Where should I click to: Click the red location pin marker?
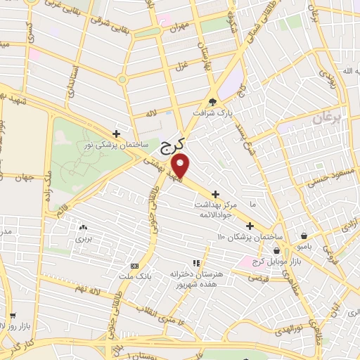pyautogui.click(x=181, y=166)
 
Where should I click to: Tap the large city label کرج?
pyautogui.click(x=171, y=146)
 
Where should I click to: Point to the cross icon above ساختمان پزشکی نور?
pyautogui.click(x=116, y=133)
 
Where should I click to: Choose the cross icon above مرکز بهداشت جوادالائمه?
pyautogui.click(x=215, y=193)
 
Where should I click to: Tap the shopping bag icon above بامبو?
pyautogui.click(x=303, y=236)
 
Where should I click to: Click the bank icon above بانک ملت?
pyautogui.click(x=134, y=266)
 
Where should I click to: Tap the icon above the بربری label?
pyautogui.click(x=83, y=227)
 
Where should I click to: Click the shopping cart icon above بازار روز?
pyautogui.click(x=13, y=316)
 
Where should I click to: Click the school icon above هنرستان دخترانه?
pyautogui.click(x=206, y=262)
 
